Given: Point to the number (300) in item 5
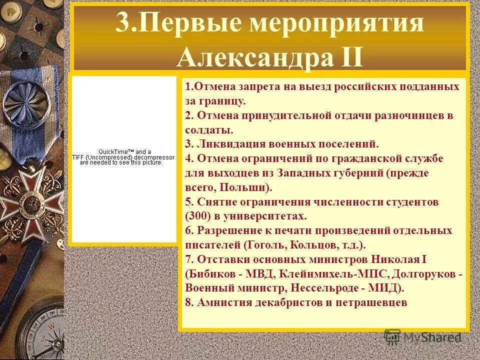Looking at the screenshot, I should (196, 216).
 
